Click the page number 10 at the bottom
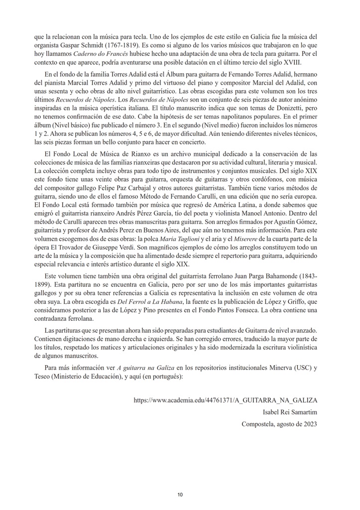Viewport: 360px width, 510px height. click(180, 495)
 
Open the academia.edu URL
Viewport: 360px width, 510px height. click(226, 400)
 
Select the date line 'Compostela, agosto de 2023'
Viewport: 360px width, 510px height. click(279, 424)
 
